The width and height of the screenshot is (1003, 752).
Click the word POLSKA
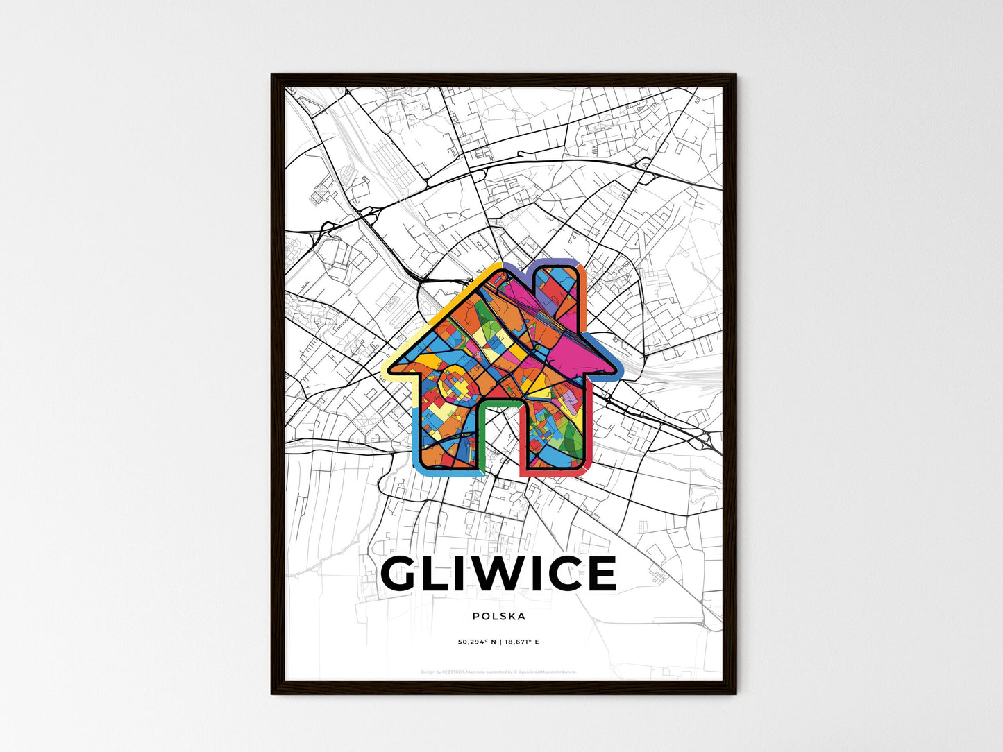click(498, 616)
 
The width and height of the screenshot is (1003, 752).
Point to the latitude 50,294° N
click(477, 642)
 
